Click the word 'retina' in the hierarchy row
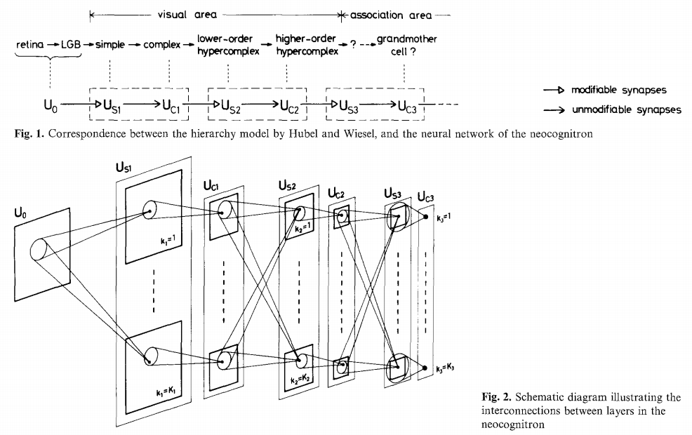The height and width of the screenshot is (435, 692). coord(29,44)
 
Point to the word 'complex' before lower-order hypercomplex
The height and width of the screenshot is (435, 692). coord(161,44)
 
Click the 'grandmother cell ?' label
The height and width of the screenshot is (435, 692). coord(406,44)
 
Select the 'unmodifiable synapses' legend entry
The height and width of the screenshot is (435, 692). coord(625,109)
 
